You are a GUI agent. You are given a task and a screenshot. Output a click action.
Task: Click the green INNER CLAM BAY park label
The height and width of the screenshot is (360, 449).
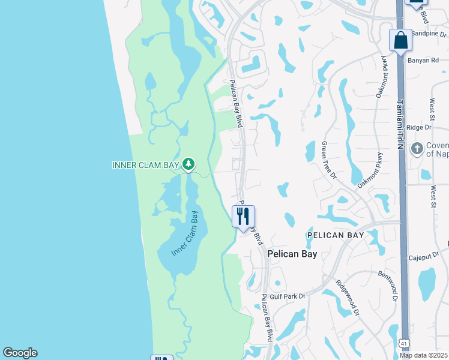(146, 165)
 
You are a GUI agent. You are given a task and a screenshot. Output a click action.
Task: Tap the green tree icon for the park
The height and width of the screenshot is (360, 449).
(188, 163)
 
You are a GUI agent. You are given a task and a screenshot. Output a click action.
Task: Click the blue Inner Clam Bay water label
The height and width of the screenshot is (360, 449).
(185, 234)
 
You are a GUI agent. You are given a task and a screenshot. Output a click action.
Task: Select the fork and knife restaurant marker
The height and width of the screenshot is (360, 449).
(243, 216)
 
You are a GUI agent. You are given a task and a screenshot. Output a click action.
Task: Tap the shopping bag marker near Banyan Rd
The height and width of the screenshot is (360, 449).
(400, 41)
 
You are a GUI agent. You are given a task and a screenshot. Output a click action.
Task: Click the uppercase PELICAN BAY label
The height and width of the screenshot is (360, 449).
(336, 235)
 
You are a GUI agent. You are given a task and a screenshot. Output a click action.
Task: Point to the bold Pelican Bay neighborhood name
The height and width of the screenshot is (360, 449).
(292, 254)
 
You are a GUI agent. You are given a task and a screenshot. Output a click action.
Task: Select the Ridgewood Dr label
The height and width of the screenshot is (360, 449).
(348, 298)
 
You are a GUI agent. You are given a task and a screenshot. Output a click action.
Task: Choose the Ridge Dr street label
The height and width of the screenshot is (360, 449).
(419, 127)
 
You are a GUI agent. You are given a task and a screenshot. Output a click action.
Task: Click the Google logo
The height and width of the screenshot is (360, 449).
(20, 353)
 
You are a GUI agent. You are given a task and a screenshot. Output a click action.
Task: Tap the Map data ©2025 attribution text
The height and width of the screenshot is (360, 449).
(424, 355)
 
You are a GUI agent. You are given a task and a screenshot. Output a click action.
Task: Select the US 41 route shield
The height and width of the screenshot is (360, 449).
(405, 343)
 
